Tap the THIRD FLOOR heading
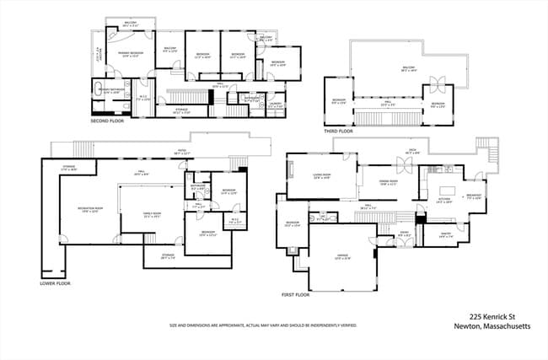[338, 131]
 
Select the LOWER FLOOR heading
[56, 283]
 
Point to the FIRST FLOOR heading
[296, 295]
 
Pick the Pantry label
[445, 235]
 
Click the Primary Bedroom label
[129, 54]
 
